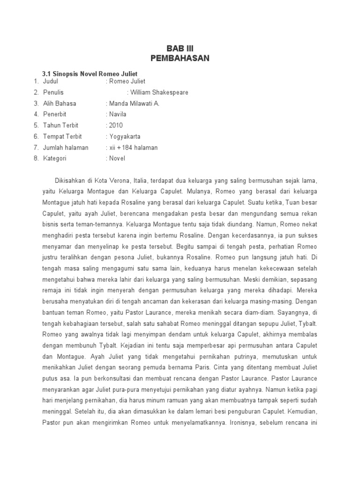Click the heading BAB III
(x=180, y=48)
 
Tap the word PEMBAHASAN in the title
(x=180, y=58)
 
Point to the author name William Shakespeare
(x=159, y=92)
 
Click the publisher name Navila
(x=118, y=114)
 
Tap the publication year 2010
(x=116, y=126)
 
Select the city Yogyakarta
(x=125, y=136)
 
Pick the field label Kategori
(x=55, y=158)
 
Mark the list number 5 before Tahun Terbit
(x=36, y=126)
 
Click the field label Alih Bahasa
(x=60, y=104)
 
